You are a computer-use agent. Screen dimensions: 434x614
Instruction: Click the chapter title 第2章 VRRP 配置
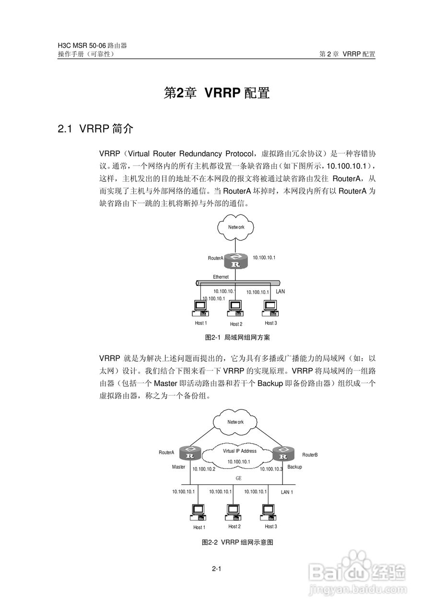point(217,93)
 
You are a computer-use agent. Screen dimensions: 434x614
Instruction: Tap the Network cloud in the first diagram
point(235,227)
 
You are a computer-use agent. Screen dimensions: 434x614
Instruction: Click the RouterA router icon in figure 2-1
point(235,261)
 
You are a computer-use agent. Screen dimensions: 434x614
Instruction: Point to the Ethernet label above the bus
point(221,277)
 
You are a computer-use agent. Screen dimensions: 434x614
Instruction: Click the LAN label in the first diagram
point(280,291)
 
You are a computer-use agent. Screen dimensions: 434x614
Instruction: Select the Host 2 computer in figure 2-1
point(235,308)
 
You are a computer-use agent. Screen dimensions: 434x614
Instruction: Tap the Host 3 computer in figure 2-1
point(270,308)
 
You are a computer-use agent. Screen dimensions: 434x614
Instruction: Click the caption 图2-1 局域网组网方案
point(237,337)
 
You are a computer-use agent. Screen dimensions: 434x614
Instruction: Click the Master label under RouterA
point(179,467)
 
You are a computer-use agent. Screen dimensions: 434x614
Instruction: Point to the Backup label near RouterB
point(294,467)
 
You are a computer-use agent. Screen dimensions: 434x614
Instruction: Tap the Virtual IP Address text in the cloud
point(239,451)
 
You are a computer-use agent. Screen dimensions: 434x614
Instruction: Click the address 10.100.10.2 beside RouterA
point(204,469)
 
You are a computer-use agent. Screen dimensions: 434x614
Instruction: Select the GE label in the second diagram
point(239,478)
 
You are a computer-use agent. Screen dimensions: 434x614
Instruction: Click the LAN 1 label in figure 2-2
point(287,492)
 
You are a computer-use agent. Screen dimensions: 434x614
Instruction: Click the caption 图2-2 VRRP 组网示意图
point(237,542)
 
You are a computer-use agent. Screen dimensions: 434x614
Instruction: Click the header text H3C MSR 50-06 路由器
point(93,46)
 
